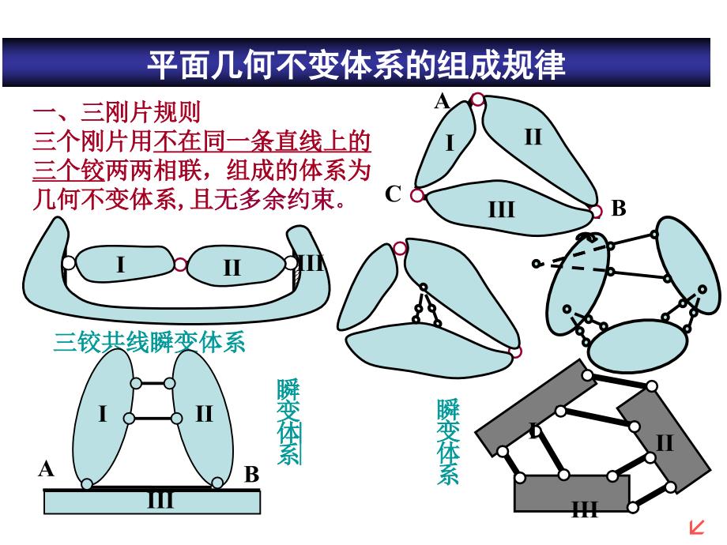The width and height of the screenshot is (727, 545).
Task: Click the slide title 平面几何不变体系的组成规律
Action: tap(356, 64)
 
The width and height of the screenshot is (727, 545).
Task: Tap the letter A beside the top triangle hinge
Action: tap(442, 101)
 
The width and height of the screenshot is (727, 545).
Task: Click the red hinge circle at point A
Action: tap(477, 100)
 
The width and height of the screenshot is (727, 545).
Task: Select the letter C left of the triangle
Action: tap(394, 194)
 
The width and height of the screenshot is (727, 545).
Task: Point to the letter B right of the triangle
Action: tap(618, 209)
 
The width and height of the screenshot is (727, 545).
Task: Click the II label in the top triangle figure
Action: tap(533, 137)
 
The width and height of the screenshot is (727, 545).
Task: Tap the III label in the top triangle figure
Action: tap(501, 209)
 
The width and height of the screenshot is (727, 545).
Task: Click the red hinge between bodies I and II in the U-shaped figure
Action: tap(180, 265)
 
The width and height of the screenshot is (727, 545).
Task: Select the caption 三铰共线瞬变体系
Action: tap(149, 342)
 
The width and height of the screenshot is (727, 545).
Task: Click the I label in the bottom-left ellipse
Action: tap(103, 413)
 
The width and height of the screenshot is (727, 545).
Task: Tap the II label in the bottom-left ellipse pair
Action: tap(204, 413)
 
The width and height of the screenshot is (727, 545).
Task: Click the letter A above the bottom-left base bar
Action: tap(46, 469)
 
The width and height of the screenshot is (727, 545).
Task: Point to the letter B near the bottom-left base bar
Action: tap(251, 475)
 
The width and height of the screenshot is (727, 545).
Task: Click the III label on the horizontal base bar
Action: tap(160, 500)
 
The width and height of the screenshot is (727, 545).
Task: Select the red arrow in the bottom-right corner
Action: tap(697, 527)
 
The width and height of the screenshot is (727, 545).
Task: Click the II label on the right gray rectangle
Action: tap(664, 442)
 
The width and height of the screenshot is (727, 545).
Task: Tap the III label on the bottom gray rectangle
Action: tap(584, 509)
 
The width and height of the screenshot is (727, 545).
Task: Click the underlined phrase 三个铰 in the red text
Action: tap(69, 169)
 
